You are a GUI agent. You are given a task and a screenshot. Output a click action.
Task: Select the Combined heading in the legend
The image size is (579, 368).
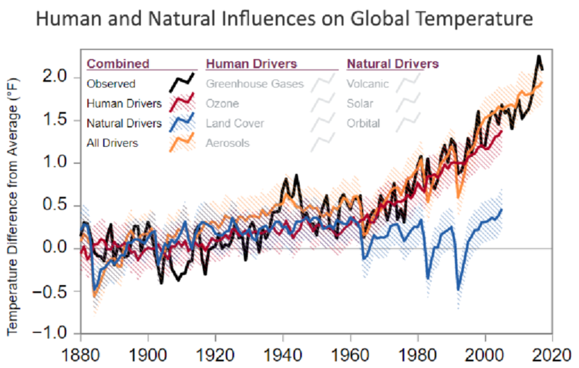(118, 64)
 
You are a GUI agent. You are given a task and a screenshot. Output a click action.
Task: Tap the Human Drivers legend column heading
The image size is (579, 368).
(251, 64)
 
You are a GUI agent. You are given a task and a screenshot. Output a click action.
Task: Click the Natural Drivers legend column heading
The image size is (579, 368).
(393, 64)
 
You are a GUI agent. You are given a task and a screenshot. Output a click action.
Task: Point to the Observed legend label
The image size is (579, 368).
(111, 83)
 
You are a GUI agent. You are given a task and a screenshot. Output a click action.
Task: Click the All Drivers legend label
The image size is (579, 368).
(112, 143)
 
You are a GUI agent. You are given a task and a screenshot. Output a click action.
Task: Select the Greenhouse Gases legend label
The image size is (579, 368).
(255, 83)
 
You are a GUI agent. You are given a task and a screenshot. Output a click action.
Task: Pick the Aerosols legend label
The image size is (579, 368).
(227, 143)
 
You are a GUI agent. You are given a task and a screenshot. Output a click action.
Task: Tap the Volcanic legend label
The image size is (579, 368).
(367, 83)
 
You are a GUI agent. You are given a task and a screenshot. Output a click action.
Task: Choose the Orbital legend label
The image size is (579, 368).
(363, 123)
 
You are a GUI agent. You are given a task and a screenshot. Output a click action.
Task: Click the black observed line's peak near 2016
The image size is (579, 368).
(538, 56)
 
